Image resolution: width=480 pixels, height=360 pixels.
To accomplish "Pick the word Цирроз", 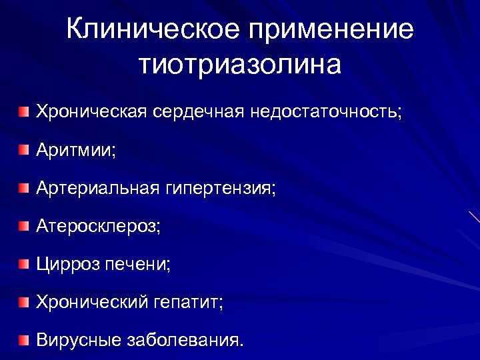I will (67, 265).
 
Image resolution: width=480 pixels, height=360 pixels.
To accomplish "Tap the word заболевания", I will (185, 341).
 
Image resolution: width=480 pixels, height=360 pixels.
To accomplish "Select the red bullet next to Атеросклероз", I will (24, 226).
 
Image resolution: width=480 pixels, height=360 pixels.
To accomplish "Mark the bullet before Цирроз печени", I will (24, 265).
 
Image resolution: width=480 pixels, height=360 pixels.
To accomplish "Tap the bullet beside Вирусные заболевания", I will (24, 341).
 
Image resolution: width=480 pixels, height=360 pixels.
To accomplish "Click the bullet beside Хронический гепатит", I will (24, 303).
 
